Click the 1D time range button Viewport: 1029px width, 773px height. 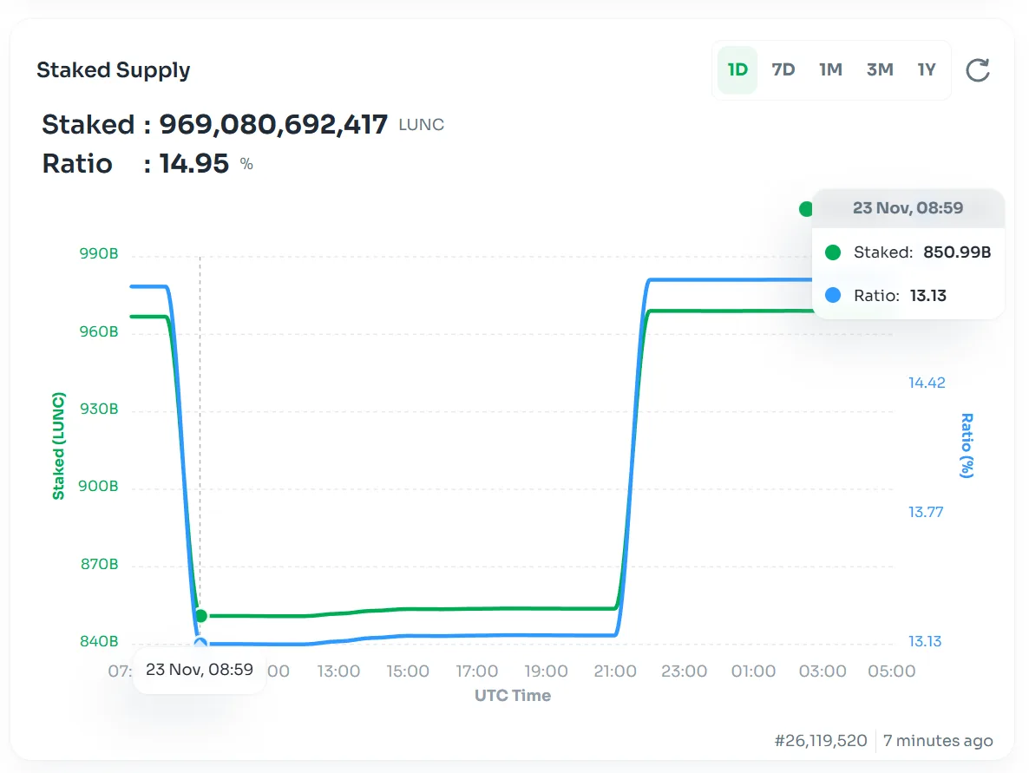coord(737,70)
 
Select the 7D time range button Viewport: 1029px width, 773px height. coord(783,70)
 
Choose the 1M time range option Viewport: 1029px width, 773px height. coord(830,70)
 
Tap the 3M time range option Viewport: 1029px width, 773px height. coord(880,70)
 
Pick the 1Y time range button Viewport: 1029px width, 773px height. coord(927,70)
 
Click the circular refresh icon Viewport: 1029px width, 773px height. coord(978,70)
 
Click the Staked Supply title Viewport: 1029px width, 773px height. coord(114,70)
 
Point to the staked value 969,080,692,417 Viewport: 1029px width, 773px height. coord(273,125)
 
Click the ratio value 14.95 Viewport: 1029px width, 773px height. coord(194,164)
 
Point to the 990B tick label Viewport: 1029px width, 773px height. coord(99,254)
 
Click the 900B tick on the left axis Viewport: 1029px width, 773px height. coord(99,487)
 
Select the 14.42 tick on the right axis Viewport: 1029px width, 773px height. coord(927,383)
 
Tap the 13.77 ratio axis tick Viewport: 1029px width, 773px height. coord(927,512)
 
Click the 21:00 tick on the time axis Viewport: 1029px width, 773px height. coord(615,671)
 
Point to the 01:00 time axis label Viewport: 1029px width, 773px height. coord(753,671)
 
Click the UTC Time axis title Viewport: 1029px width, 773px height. coord(512,696)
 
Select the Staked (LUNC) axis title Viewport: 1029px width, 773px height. coord(59,446)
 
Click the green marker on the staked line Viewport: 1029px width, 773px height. coord(201,616)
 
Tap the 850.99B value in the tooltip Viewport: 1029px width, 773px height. coord(957,252)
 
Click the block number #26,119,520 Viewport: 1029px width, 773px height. coord(821,741)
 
